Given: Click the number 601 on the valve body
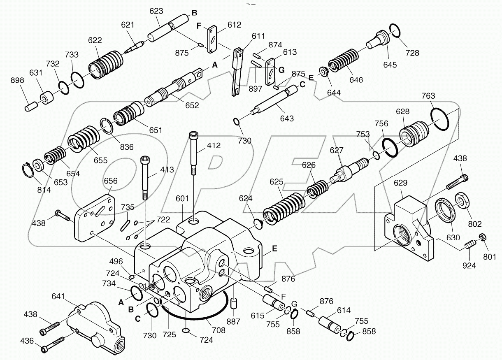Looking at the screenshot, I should click(x=182, y=199).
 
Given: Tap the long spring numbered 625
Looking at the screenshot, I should click(x=284, y=206).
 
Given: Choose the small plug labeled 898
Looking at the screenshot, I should click(x=31, y=106).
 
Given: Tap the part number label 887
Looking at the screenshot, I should click(x=234, y=322).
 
